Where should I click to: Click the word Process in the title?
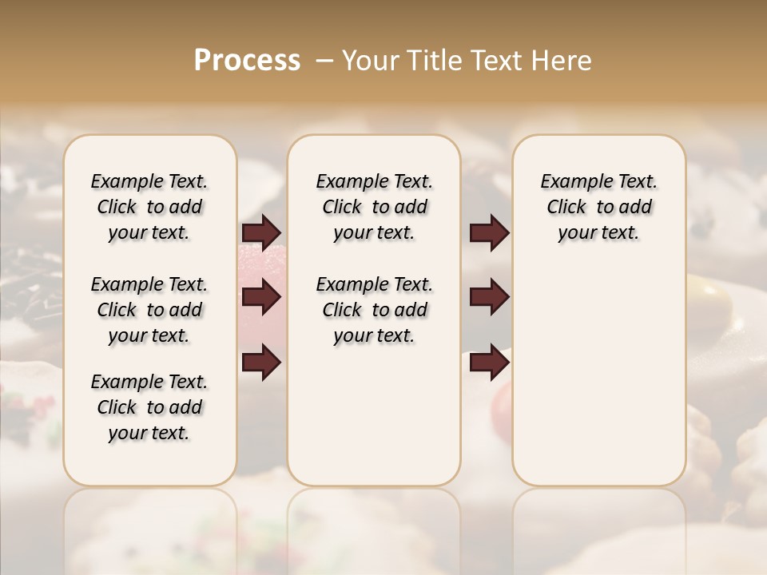247,61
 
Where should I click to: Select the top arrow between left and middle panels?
261,232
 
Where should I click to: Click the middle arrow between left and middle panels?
261,297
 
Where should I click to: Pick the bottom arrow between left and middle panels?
261,363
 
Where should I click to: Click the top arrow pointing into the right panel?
489,232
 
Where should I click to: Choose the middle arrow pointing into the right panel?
489,297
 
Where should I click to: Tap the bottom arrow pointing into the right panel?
489,363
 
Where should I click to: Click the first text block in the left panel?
149,207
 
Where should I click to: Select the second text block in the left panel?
149,310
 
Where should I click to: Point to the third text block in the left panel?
149,407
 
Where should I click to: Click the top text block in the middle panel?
374,207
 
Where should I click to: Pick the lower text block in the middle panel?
374,310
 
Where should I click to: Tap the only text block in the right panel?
598,207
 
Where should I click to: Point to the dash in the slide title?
324,61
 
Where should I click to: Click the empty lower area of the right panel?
598,383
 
